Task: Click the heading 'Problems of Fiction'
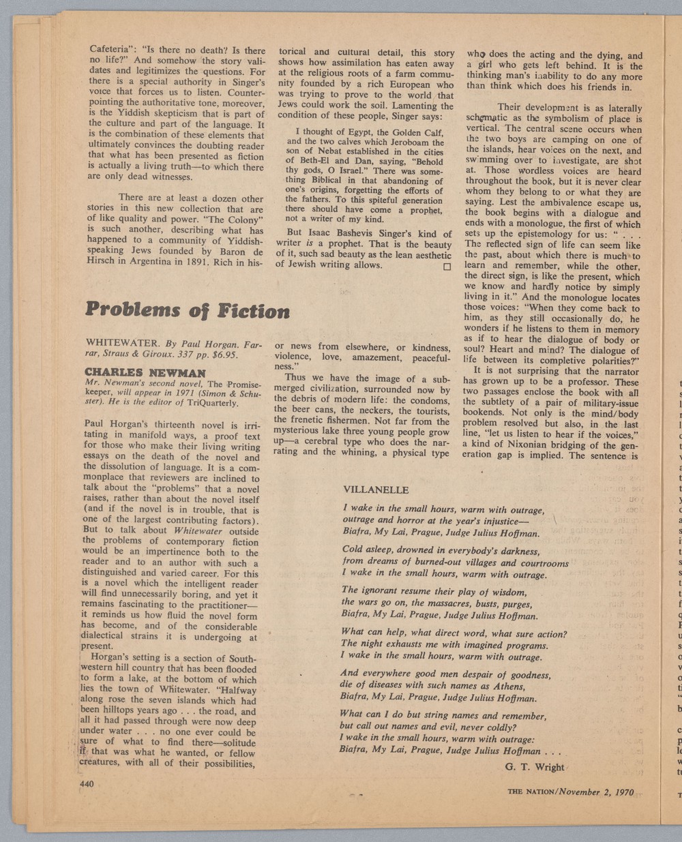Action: click(x=188, y=311)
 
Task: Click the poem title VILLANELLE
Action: click(x=376, y=490)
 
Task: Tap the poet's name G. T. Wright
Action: click(x=535, y=767)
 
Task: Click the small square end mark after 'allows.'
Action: click(x=447, y=267)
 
